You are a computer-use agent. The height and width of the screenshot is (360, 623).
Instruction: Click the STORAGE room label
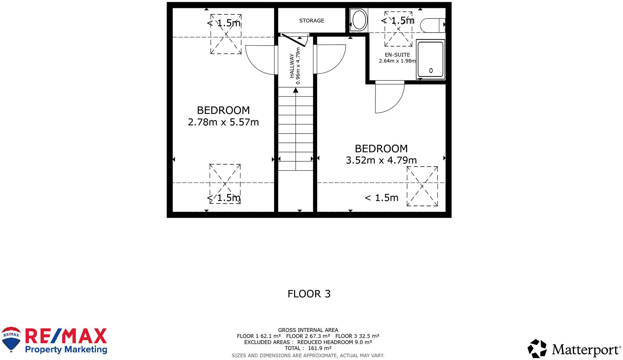point(311,21)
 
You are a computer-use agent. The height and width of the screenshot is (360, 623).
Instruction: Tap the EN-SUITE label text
point(397,55)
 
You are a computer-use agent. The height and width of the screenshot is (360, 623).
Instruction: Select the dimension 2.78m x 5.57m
point(223,122)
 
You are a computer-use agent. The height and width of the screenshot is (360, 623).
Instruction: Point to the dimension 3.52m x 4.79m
point(381,160)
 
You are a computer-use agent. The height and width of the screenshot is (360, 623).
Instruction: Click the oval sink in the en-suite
point(359,20)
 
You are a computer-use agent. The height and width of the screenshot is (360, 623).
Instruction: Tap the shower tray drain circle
point(431,71)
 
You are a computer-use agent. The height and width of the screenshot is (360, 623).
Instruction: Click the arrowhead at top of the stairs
point(296,91)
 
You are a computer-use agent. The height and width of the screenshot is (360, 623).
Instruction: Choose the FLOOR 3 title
point(309,294)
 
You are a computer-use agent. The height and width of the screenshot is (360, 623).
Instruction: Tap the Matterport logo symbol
point(537,349)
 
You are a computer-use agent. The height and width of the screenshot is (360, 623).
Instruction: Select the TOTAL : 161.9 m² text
point(308,348)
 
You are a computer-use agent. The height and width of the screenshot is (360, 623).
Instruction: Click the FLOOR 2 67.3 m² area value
point(308,336)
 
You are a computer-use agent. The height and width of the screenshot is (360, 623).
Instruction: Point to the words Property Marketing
point(66,349)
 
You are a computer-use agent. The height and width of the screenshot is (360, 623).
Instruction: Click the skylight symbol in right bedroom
point(422,186)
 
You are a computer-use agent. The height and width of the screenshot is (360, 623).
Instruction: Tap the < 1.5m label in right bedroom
point(382,198)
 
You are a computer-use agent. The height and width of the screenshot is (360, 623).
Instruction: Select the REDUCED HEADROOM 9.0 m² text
point(334,342)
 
